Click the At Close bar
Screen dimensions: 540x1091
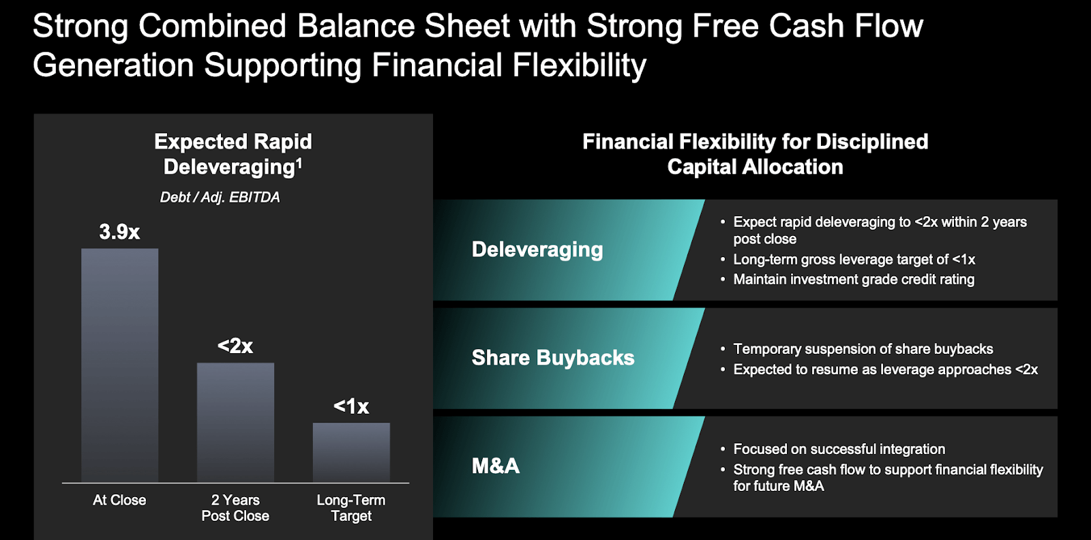119,365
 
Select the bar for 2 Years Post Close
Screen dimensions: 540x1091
235,422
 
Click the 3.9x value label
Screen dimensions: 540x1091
119,232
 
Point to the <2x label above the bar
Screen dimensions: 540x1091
235,346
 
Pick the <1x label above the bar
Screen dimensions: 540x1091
351,406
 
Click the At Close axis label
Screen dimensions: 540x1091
119,500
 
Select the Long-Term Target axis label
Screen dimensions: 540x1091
351,508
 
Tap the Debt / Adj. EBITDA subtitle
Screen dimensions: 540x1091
220,197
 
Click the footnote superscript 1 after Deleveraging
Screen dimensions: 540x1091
299,162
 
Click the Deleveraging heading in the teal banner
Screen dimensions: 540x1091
537,250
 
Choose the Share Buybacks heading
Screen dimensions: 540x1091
553,357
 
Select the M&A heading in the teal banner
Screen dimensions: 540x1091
496,466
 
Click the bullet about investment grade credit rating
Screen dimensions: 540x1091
854,280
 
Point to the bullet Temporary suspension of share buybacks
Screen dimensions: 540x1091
863,349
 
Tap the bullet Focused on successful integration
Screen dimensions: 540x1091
839,449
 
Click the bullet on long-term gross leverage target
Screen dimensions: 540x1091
854,260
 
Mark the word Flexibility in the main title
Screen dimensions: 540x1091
579,65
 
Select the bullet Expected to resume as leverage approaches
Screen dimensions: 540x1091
885,370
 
